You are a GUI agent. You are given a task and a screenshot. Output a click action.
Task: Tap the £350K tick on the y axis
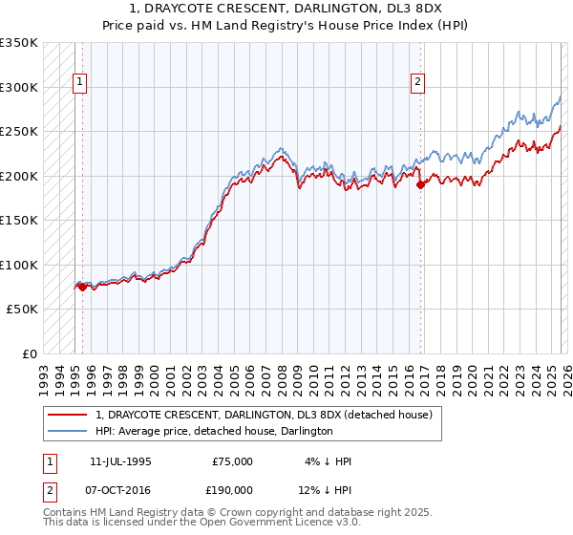click(19, 43)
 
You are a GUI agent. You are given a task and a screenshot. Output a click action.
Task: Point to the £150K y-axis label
click(19, 221)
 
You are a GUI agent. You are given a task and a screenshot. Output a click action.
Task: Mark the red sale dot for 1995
click(83, 286)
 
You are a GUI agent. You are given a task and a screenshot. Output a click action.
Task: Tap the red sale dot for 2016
click(420, 184)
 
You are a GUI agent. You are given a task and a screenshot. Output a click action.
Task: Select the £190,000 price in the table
click(232, 490)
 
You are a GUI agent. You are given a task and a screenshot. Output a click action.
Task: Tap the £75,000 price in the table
click(232, 461)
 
